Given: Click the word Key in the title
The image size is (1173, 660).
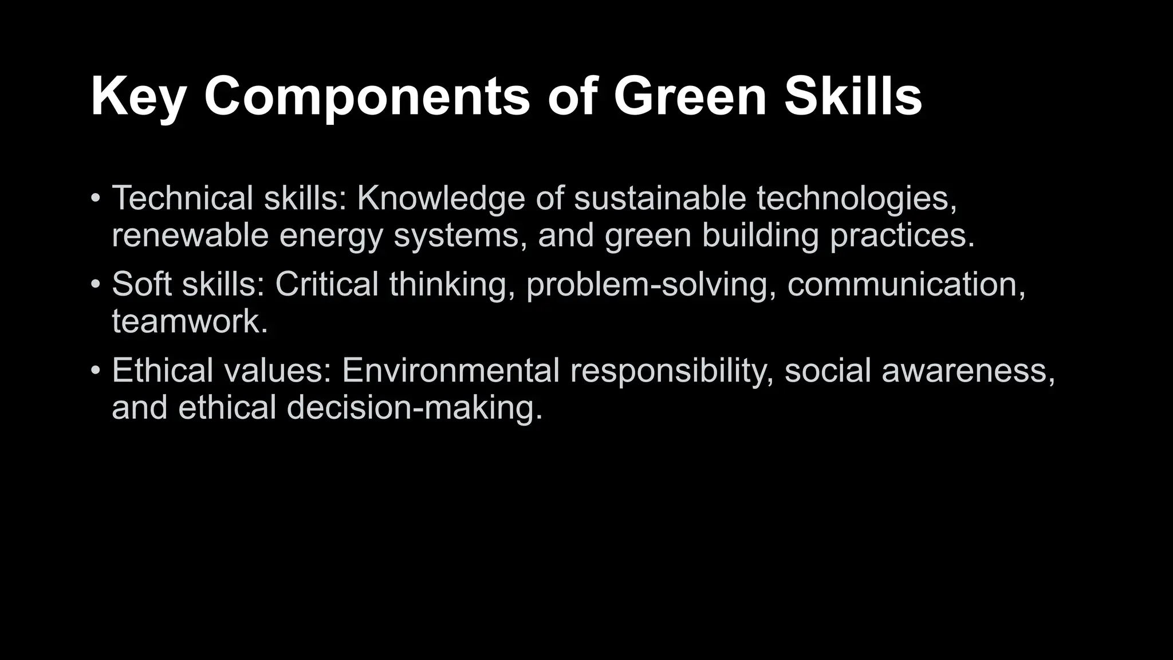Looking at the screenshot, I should tap(138, 97).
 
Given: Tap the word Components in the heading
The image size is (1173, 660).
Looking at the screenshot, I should tap(367, 97).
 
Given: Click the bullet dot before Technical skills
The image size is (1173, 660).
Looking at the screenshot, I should tap(96, 199).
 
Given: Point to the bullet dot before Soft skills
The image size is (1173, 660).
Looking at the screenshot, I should tap(96, 284).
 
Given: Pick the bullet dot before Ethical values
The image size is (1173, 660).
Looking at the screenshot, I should tap(96, 370).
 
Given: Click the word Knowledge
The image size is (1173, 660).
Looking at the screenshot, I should tap(440, 198).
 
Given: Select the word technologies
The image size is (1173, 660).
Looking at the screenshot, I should tap(856, 198).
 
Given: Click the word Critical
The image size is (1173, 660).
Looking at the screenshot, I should tap(326, 284).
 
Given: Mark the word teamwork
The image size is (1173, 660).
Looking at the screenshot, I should tap(190, 321).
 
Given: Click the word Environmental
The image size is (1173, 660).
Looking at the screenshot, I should tap(450, 370).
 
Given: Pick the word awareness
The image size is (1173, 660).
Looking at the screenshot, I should tap(967, 370).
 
